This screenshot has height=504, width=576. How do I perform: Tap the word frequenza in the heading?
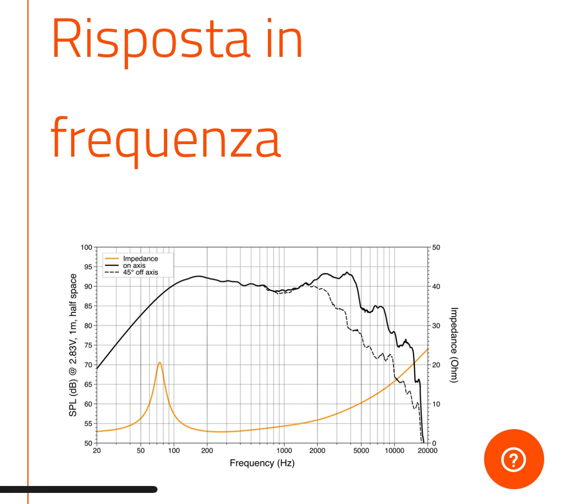click(x=166, y=141)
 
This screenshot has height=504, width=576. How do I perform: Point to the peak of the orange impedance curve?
click(x=160, y=362)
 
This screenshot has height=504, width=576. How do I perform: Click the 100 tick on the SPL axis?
click(x=86, y=247)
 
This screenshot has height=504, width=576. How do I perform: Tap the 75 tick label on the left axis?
click(x=88, y=345)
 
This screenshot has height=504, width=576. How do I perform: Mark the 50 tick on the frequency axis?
click(x=140, y=451)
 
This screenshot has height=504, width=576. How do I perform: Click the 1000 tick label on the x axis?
click(x=284, y=451)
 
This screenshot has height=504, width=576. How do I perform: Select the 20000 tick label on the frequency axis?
click(x=427, y=451)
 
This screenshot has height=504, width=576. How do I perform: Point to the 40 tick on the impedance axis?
click(x=436, y=286)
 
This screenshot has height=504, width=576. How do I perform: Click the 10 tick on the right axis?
click(x=436, y=404)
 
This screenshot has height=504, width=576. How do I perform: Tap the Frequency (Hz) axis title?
click(x=262, y=463)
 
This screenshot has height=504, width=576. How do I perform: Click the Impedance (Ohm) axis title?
click(x=454, y=345)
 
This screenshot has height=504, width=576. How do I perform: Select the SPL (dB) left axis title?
click(x=73, y=345)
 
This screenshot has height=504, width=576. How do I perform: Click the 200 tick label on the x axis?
click(x=207, y=451)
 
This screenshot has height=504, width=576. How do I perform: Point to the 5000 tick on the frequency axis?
click(x=361, y=451)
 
